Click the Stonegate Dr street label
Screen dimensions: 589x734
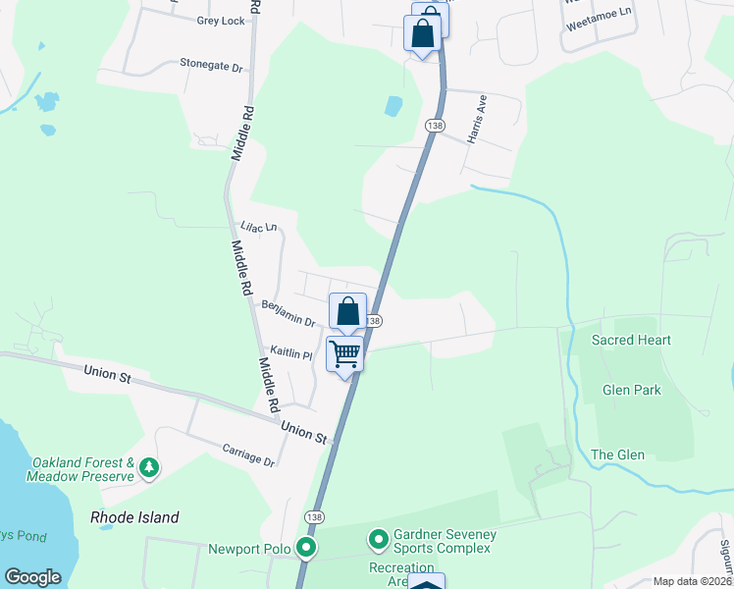pos(210,66)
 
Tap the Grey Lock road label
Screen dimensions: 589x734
pos(220,21)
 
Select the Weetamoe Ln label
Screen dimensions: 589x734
pos(597,32)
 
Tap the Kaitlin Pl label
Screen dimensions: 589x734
pos(291,354)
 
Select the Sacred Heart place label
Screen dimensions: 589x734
pos(631,340)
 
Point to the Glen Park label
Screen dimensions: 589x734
pos(631,390)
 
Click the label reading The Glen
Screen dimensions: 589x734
pos(617,455)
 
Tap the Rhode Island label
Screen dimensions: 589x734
pos(134,517)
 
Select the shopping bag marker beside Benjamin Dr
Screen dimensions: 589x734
pos(347,312)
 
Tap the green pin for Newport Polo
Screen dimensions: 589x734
pos(307,547)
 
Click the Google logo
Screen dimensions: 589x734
pos(32,577)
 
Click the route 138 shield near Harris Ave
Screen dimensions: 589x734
pos(435,126)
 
